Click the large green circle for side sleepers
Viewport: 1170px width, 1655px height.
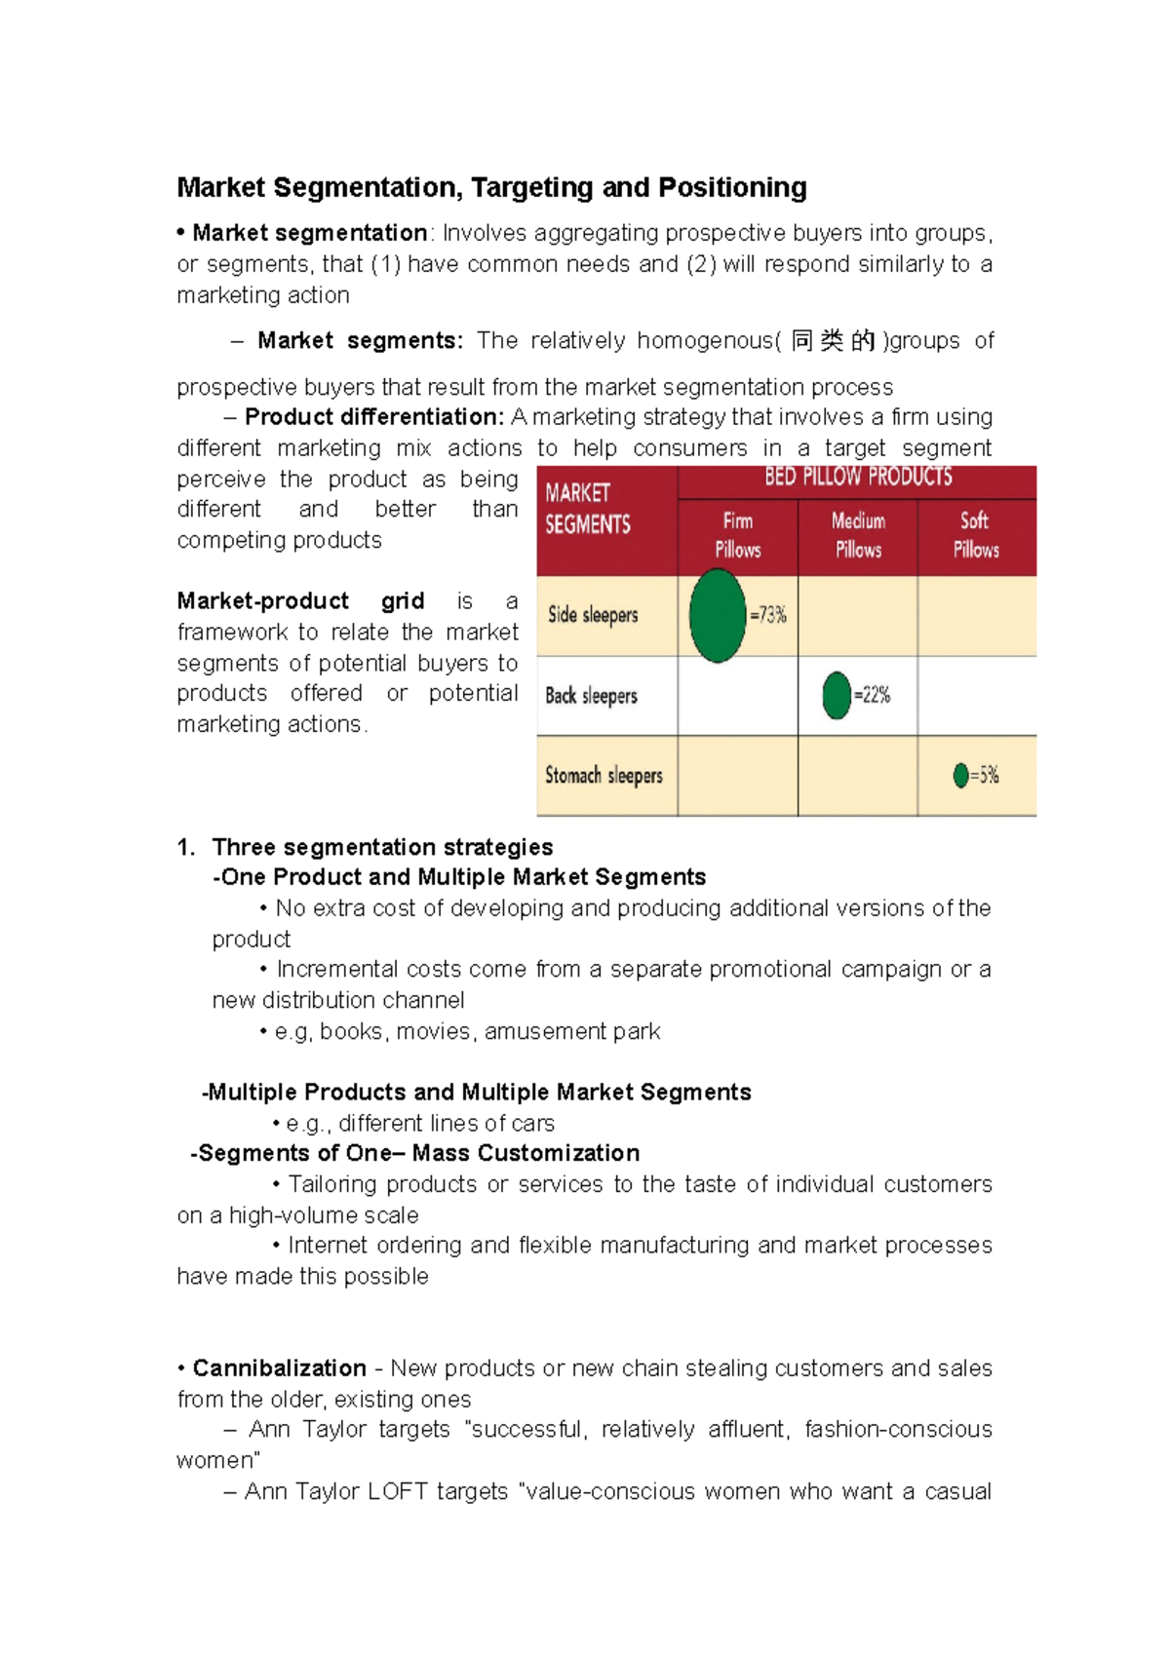718,616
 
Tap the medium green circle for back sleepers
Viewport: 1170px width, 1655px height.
837,695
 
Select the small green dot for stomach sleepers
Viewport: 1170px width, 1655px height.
960,776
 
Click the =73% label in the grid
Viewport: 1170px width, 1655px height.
768,615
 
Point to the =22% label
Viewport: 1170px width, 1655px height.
873,695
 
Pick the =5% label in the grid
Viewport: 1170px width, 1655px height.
985,776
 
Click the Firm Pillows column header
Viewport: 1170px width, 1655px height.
738,536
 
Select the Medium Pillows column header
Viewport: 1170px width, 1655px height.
858,536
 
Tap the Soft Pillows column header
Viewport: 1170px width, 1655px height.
976,536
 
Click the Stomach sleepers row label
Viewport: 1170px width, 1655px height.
604,776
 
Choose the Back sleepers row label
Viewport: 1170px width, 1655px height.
591,696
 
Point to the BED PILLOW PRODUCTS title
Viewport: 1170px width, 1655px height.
858,478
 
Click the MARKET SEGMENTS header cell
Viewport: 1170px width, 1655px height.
588,509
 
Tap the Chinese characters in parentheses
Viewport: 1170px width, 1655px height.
833,341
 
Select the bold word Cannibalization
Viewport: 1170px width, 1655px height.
279,1368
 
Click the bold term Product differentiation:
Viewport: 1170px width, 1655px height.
374,417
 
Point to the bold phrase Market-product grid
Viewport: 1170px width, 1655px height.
300,601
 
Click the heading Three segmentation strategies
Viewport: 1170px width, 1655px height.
382,847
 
